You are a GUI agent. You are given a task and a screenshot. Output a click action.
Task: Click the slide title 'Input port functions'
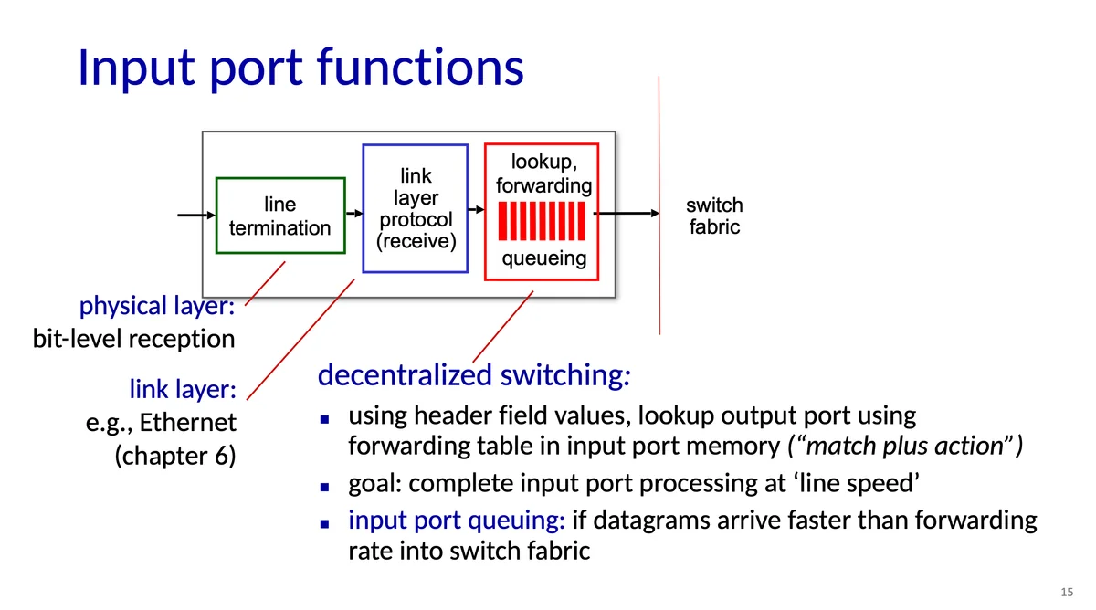pyautogui.click(x=300, y=68)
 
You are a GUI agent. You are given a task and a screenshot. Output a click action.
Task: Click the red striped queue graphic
pyautogui.click(x=541, y=221)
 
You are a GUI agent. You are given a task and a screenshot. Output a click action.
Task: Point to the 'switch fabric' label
pyautogui.click(x=714, y=216)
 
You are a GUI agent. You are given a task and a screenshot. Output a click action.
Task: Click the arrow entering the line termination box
pyautogui.click(x=196, y=216)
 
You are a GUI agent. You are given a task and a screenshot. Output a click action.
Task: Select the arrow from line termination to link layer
pyautogui.click(x=354, y=214)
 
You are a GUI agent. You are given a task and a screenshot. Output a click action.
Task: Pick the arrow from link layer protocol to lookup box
pyautogui.click(x=476, y=210)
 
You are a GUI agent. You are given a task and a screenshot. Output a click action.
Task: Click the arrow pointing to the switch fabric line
pyautogui.click(x=627, y=214)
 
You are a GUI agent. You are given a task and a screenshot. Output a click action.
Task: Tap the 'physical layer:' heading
pyautogui.click(x=157, y=306)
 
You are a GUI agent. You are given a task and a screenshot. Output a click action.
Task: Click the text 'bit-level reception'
pyautogui.click(x=133, y=339)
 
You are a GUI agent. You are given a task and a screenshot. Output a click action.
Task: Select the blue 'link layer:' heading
pyautogui.click(x=183, y=389)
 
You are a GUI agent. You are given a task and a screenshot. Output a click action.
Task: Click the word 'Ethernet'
pyautogui.click(x=188, y=422)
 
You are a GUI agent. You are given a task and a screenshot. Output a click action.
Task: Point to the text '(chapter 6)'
pyautogui.click(x=175, y=456)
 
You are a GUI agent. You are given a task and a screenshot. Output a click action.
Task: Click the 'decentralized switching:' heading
pyautogui.click(x=474, y=375)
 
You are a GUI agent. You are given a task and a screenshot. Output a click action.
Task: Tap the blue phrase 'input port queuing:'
pyautogui.click(x=457, y=520)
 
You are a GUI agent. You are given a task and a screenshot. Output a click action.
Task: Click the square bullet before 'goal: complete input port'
pyautogui.click(x=324, y=487)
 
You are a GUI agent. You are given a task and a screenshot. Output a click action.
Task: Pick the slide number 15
pyautogui.click(x=1067, y=592)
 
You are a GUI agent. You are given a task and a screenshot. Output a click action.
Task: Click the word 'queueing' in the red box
pyautogui.click(x=544, y=258)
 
